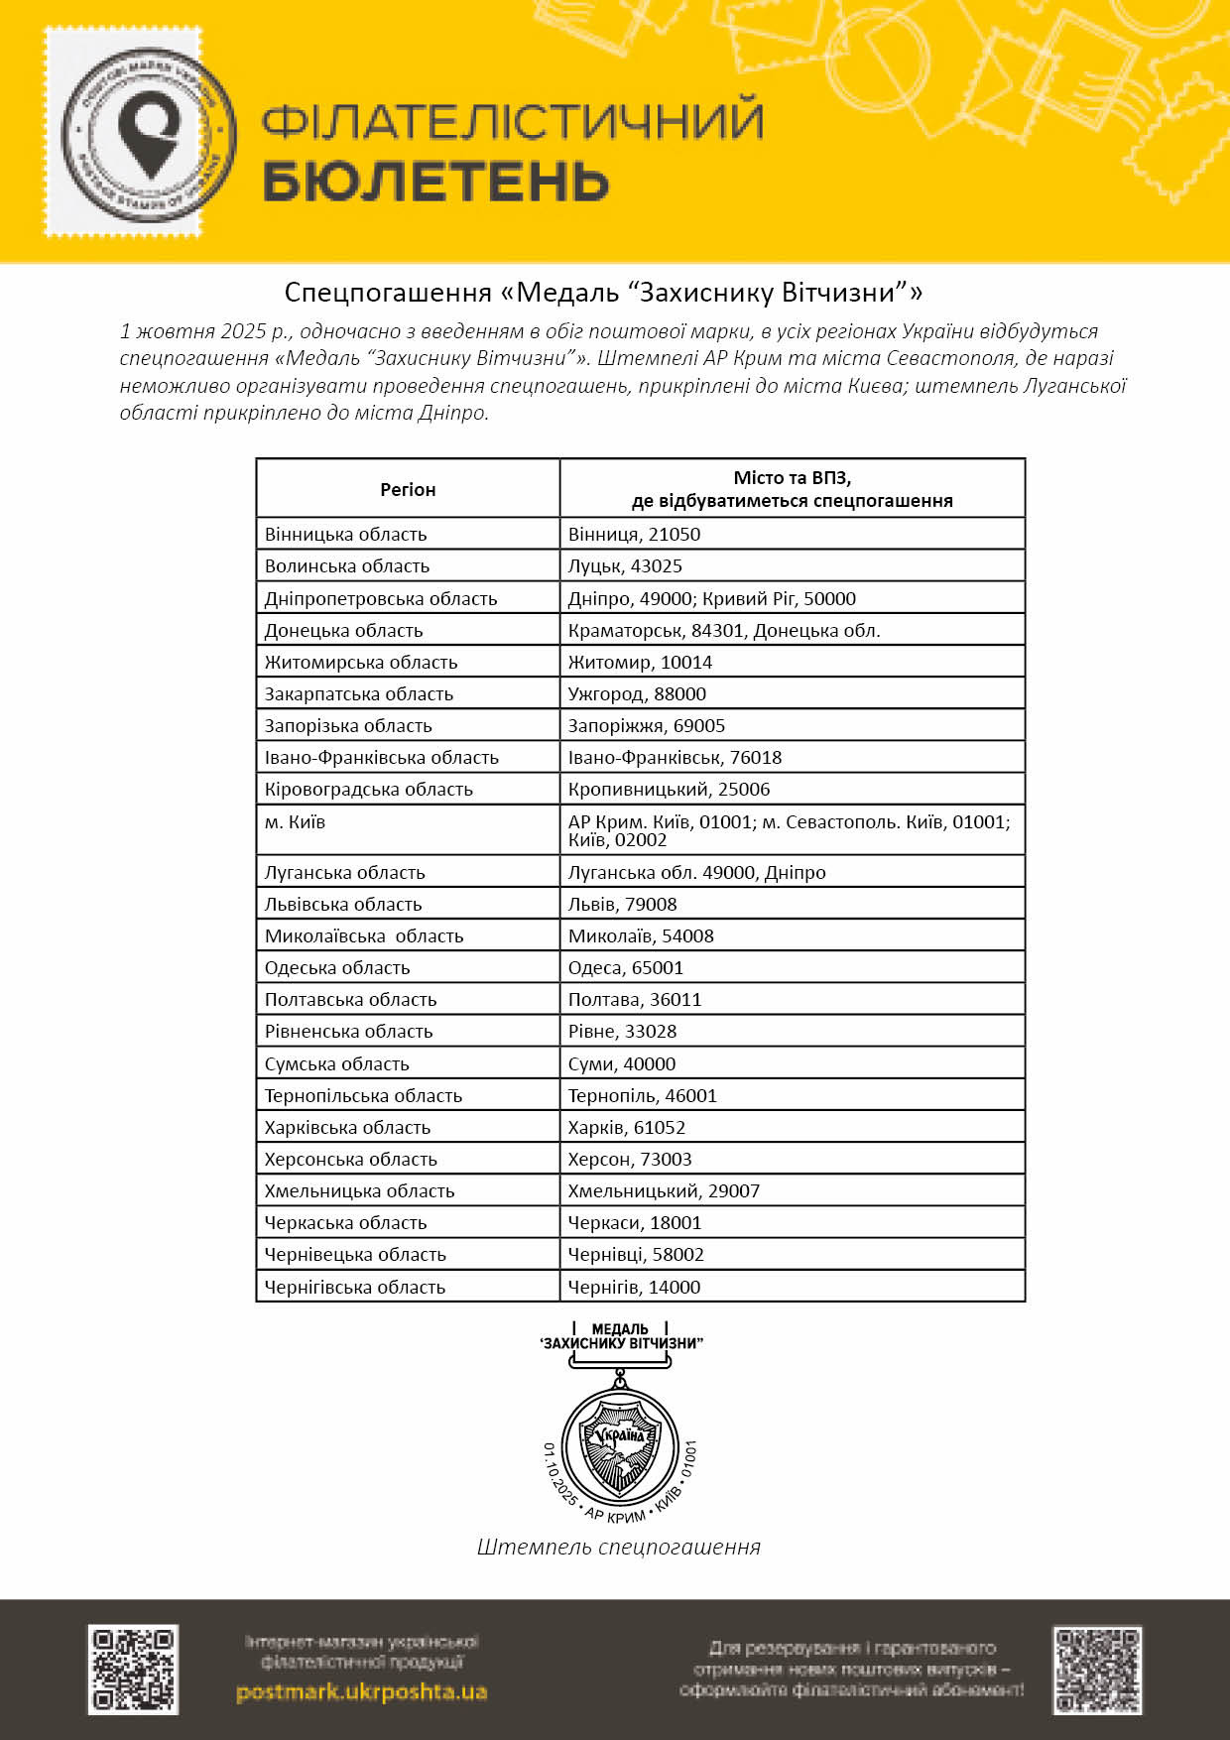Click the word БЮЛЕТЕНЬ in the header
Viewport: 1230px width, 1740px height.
click(435, 182)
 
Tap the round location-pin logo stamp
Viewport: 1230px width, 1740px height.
click(149, 133)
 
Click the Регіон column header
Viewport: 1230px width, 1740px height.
click(408, 489)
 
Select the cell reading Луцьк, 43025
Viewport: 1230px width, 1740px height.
click(625, 566)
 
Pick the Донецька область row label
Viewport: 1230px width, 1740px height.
click(343, 630)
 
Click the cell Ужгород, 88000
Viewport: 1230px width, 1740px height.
click(637, 693)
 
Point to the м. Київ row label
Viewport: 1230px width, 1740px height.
click(295, 822)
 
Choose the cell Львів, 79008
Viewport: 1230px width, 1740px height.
click(622, 904)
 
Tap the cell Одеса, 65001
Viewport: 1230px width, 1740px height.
click(625, 967)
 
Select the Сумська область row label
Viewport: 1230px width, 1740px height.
click(336, 1063)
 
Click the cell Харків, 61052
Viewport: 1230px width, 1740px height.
click(626, 1127)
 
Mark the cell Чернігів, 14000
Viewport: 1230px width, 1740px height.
click(634, 1287)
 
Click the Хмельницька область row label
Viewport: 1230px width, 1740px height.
click(359, 1190)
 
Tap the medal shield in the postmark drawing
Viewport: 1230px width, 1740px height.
click(620, 1443)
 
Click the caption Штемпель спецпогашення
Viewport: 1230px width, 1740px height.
click(618, 1547)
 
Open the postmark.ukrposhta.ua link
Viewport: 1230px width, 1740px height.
click(361, 1692)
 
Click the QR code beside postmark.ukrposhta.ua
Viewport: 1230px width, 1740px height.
click(133, 1670)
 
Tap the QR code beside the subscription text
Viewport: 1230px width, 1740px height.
click(1097, 1670)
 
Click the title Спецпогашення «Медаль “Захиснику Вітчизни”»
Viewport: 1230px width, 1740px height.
click(603, 293)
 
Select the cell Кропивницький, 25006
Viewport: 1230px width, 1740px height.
click(669, 790)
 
